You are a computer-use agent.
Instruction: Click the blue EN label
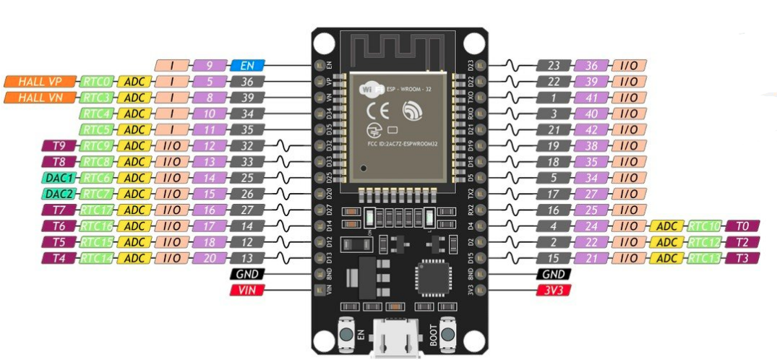coord(248,65)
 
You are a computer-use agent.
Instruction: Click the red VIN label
coord(248,291)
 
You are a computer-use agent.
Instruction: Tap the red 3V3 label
coord(554,291)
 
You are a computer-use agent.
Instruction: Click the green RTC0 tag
coord(96,81)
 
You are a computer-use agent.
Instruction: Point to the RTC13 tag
coord(705,258)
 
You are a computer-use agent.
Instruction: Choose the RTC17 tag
coord(96,210)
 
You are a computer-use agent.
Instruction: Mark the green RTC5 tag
coord(96,129)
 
